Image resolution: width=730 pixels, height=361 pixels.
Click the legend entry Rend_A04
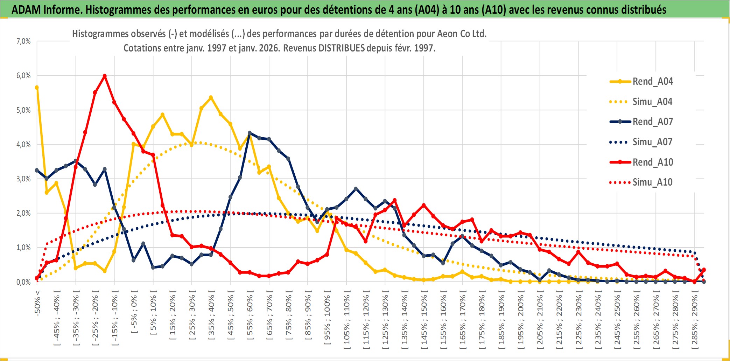pyautogui.click(x=652, y=82)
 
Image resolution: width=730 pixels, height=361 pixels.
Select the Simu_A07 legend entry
pyautogui.click(x=652, y=142)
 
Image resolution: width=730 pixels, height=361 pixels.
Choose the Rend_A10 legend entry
pyautogui.click(x=652, y=162)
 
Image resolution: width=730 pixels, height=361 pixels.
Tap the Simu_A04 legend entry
pyautogui.click(x=652, y=102)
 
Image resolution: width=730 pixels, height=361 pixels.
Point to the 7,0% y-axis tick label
pyautogui.click(x=23, y=41)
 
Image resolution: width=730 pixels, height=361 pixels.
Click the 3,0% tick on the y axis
pyautogui.click(x=23, y=179)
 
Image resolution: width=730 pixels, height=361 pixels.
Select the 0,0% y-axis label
pyautogui.click(x=23, y=282)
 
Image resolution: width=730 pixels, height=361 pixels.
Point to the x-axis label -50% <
pyautogui.click(x=37, y=303)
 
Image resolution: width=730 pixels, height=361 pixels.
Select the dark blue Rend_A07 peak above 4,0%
pyautogui.click(x=250, y=133)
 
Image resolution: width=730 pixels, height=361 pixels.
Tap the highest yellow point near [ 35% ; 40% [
pyautogui.click(x=211, y=98)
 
